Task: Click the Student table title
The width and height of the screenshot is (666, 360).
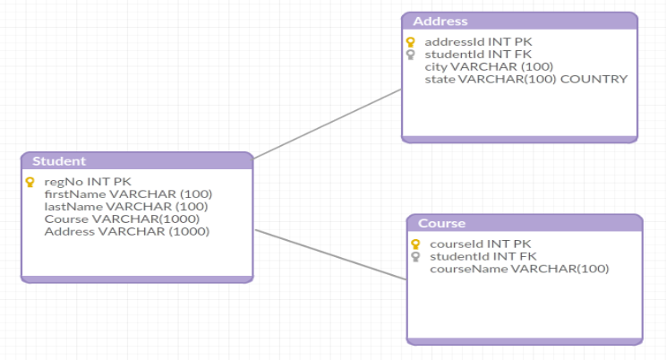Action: click(x=59, y=161)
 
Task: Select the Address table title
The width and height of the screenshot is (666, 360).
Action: click(x=440, y=21)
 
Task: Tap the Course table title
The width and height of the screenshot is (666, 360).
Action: click(x=441, y=223)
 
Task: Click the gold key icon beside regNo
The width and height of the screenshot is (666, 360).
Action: click(x=30, y=182)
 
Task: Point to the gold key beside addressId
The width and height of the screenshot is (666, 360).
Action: click(x=410, y=42)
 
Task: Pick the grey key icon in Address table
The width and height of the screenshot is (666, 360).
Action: click(x=410, y=55)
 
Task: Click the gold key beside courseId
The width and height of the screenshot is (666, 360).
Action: click(x=415, y=244)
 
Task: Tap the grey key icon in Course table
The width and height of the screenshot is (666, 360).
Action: click(x=415, y=256)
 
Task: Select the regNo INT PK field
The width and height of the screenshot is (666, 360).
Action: click(x=88, y=182)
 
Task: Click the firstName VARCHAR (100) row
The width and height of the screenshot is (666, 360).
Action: click(x=128, y=194)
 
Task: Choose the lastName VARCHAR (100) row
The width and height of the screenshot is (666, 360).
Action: click(x=126, y=207)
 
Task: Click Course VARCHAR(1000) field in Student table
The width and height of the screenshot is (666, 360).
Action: click(x=122, y=219)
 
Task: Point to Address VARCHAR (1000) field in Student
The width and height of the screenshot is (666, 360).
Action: click(x=127, y=231)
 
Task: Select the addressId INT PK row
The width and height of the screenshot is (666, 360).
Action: click(x=478, y=42)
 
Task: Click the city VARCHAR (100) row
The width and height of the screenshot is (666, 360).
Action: click(x=489, y=67)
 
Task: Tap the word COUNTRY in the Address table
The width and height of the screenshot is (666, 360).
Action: click(x=593, y=79)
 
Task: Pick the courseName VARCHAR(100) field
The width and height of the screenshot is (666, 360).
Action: click(x=519, y=269)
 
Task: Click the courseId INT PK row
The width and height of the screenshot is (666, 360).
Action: click(x=481, y=244)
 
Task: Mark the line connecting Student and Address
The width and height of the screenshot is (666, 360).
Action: click(x=328, y=124)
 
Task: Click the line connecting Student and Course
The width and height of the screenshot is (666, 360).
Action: click(x=331, y=255)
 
